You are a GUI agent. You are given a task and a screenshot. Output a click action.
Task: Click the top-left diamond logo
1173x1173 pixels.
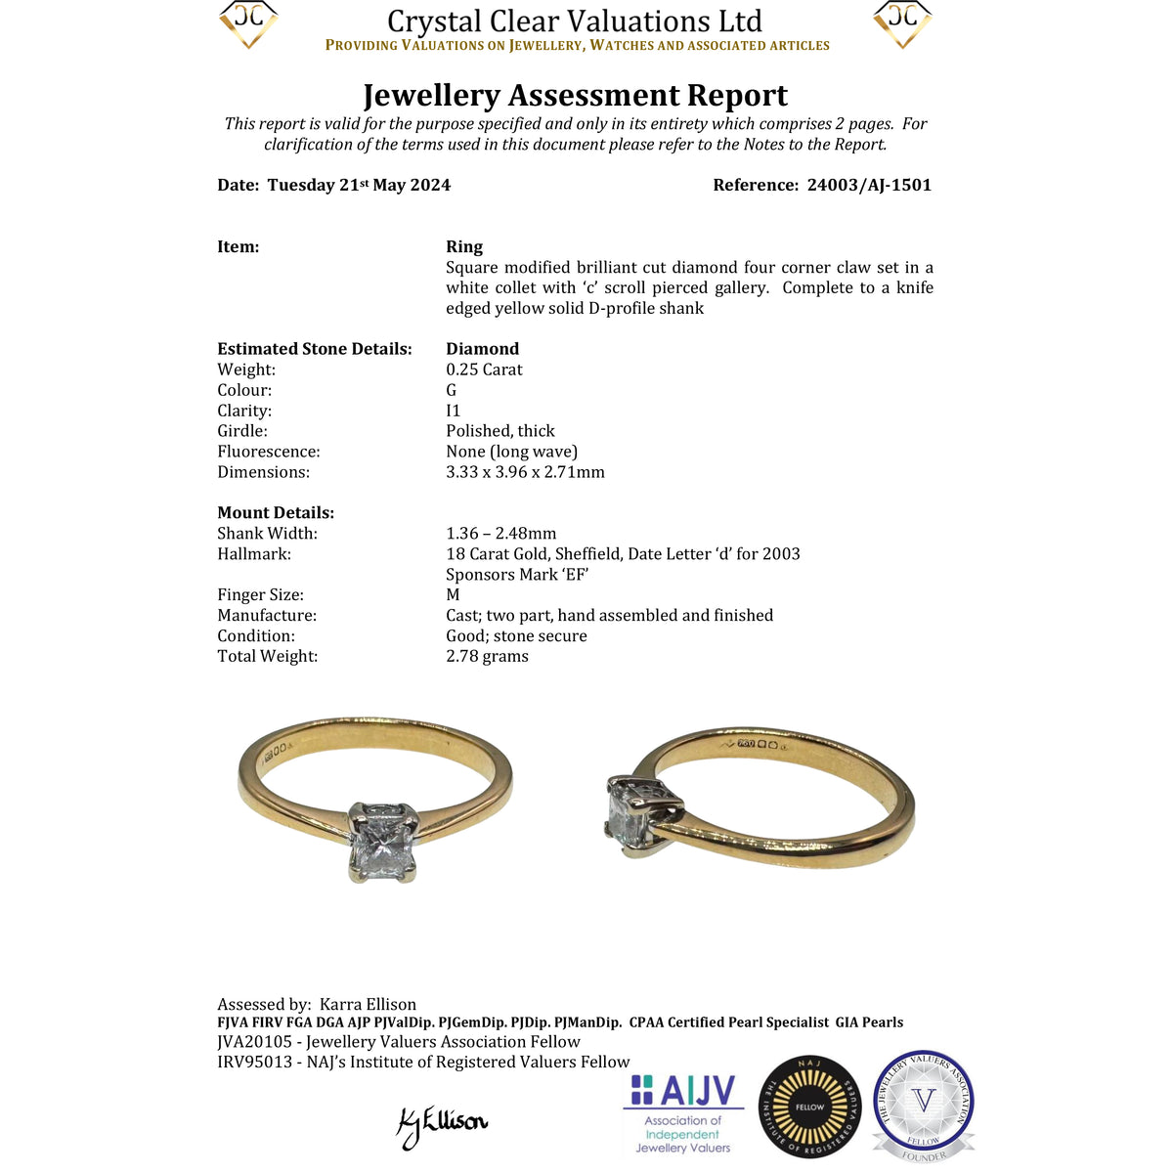coord(248,23)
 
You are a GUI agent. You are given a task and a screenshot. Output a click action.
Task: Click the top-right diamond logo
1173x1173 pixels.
coord(901,23)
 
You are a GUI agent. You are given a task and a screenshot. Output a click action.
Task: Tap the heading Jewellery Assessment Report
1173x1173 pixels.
coord(575,95)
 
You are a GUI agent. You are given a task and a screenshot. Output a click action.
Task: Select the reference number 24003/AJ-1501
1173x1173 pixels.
coord(869,185)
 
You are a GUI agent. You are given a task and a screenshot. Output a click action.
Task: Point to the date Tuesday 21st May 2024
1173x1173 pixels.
coord(359,185)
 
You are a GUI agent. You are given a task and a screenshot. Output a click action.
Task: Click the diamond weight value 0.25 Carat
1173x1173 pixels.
coord(484,369)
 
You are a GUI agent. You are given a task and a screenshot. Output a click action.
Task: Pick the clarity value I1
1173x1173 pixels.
coord(453,411)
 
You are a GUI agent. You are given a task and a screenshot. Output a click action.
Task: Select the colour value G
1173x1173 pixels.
coord(451,390)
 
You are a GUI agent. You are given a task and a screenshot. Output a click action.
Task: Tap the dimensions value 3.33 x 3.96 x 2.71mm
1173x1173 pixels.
coord(525,472)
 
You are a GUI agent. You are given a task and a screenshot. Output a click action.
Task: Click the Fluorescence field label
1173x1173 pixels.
coord(268,452)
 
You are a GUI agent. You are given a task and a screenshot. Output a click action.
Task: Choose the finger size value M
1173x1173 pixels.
coord(453,594)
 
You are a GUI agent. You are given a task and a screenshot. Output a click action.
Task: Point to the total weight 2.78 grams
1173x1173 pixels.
coord(487,656)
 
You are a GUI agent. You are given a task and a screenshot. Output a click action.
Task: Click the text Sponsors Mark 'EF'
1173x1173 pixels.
coord(517,574)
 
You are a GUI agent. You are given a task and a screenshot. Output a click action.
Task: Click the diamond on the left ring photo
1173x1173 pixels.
coord(383,841)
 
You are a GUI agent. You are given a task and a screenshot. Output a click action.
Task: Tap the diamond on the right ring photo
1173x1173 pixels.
coord(627,812)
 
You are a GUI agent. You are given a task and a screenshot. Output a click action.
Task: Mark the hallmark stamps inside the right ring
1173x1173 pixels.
coord(758,745)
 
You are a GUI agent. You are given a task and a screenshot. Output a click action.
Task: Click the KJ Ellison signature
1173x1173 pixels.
coord(441,1124)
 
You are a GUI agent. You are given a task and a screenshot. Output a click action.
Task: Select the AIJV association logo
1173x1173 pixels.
coord(682,1114)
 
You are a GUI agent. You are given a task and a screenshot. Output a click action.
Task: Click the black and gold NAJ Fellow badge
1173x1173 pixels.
coord(809,1108)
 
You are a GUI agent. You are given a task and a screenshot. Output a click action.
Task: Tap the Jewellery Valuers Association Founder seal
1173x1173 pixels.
coord(923,1106)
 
